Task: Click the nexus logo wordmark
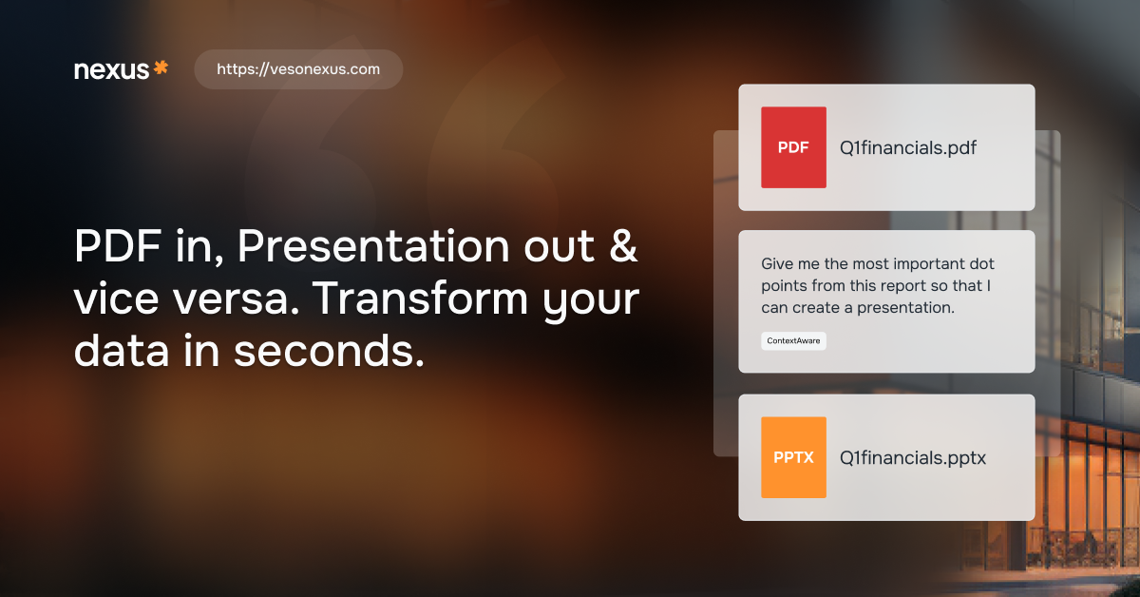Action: click(111, 70)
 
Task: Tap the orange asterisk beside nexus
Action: click(161, 67)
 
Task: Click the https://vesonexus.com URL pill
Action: click(298, 69)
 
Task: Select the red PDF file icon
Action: click(793, 147)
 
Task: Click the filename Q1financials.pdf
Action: click(908, 147)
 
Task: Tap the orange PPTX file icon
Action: click(793, 457)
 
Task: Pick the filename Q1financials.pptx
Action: click(913, 458)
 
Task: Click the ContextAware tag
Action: click(793, 340)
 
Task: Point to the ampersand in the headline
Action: click(623, 245)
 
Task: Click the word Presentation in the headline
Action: click(373, 246)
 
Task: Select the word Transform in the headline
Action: click(420, 298)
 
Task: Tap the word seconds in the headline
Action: click(329, 351)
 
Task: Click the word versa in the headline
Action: click(237, 299)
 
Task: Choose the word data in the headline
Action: click(122, 351)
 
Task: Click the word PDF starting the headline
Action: click(118, 246)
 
